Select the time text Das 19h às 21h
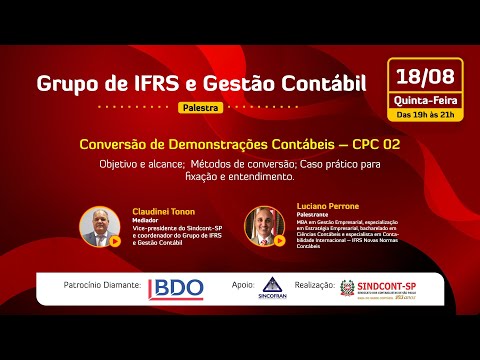(x=425, y=114)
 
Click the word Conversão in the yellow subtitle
(x=114, y=144)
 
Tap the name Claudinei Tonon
(x=162, y=212)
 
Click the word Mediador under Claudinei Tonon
(x=146, y=220)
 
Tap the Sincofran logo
(x=271, y=289)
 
